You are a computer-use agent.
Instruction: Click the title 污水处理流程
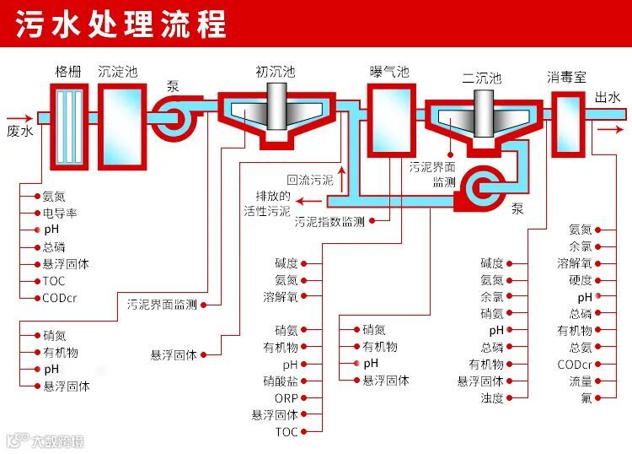tap(121, 24)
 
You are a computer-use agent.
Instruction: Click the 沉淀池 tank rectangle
tap(117, 123)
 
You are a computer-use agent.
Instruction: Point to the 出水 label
tap(608, 98)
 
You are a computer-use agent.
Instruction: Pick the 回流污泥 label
tap(309, 180)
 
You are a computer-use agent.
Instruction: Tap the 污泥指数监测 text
tap(329, 222)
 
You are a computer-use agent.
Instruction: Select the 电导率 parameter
tap(60, 213)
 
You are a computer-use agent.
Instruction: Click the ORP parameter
tap(286, 398)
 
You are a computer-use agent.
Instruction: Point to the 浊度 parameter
tap(492, 398)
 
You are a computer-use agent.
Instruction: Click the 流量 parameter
tap(580, 381)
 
